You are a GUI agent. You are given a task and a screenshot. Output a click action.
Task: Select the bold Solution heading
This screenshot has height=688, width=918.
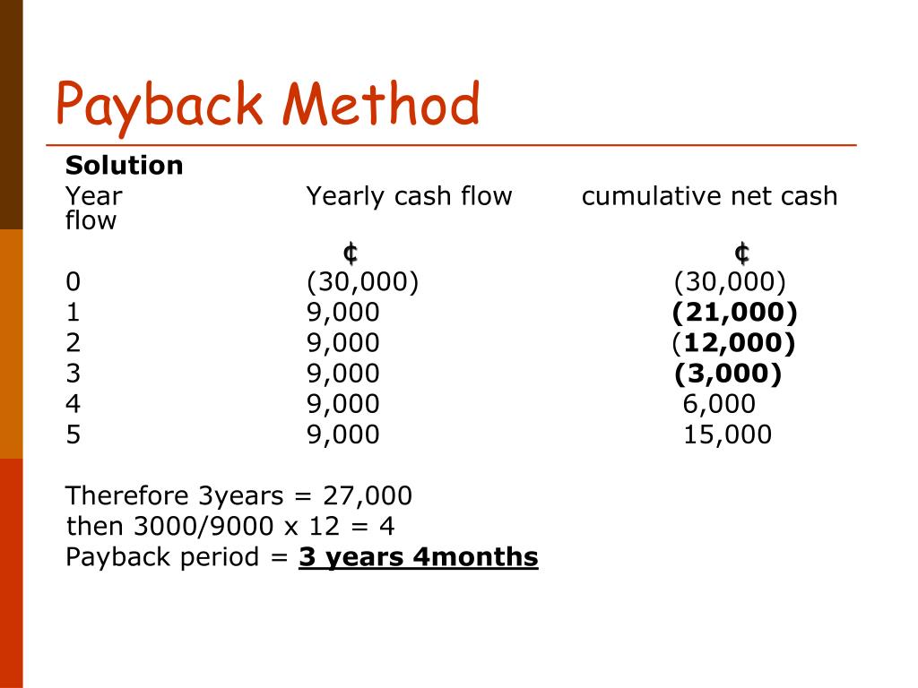(x=124, y=166)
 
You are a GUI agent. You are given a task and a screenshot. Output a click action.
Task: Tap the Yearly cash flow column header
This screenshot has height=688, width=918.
(x=409, y=196)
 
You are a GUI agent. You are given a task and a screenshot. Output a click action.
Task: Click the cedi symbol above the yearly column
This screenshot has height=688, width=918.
(x=350, y=254)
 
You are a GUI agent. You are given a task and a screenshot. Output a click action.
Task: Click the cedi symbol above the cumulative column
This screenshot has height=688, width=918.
(x=741, y=254)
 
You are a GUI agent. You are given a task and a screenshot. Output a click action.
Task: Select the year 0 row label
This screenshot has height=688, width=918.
(x=73, y=283)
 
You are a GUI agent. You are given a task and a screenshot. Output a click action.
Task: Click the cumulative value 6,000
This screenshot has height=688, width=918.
(x=719, y=405)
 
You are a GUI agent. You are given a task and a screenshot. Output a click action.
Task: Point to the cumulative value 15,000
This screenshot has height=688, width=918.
(x=727, y=435)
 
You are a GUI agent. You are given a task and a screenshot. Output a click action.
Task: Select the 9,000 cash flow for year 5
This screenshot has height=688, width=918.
(x=342, y=435)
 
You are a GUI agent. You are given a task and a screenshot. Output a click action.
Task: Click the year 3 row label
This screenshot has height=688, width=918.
(x=73, y=374)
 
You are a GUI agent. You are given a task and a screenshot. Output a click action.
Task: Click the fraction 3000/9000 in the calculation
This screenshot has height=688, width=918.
(x=202, y=527)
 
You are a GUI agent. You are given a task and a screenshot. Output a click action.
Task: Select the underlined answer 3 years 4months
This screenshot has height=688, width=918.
(x=419, y=557)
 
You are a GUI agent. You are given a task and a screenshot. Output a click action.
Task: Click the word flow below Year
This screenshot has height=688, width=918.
(x=91, y=220)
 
